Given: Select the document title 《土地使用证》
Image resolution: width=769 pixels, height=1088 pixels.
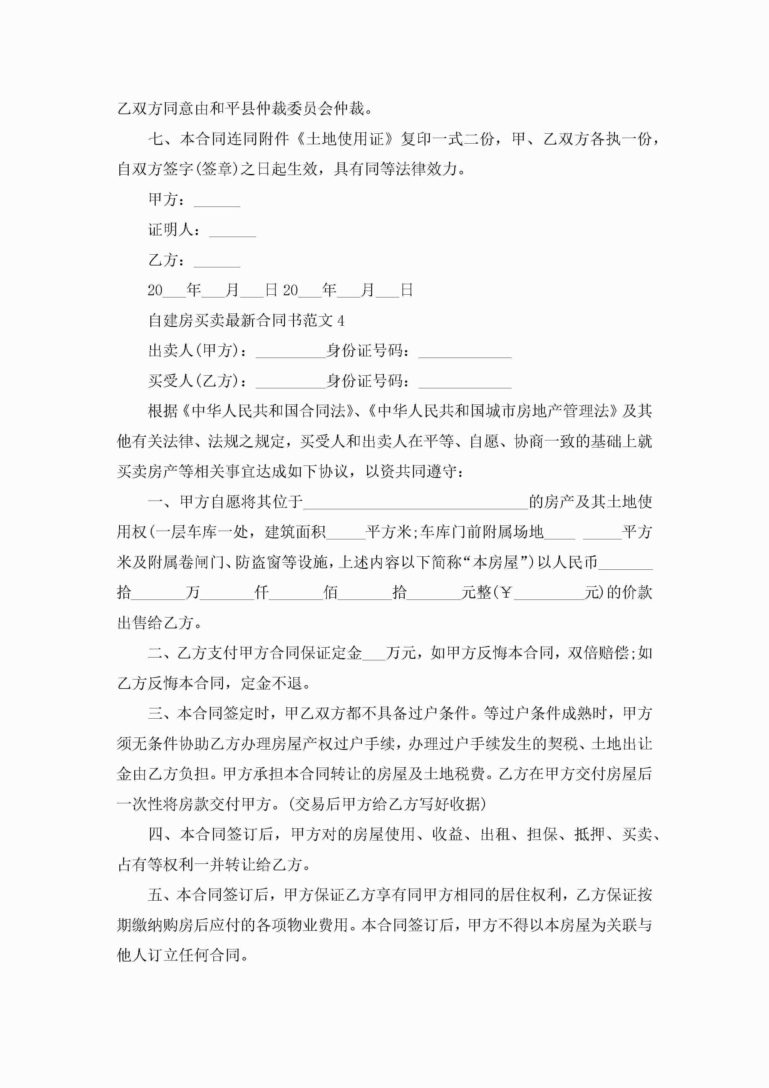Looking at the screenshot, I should tap(345, 139).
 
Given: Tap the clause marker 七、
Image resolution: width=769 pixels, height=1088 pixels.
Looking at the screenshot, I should tap(163, 139).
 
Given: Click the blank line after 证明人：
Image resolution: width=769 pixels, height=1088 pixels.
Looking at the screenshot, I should tap(232, 231).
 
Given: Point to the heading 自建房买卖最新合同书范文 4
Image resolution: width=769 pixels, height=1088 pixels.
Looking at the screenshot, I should tap(247, 321).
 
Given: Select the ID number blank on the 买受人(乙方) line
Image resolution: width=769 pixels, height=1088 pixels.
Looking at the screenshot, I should tap(465, 381).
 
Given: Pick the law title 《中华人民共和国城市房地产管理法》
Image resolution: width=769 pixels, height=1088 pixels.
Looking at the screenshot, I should tap(493, 411).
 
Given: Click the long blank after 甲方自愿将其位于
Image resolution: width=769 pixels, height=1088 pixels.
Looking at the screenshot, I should tap(416, 502).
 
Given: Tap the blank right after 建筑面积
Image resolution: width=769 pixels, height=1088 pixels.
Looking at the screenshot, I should tap(345, 533).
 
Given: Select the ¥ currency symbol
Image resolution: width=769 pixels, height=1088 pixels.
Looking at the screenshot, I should tap(506, 593).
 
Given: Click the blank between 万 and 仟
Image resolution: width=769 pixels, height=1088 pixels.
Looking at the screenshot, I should tap(227, 593).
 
